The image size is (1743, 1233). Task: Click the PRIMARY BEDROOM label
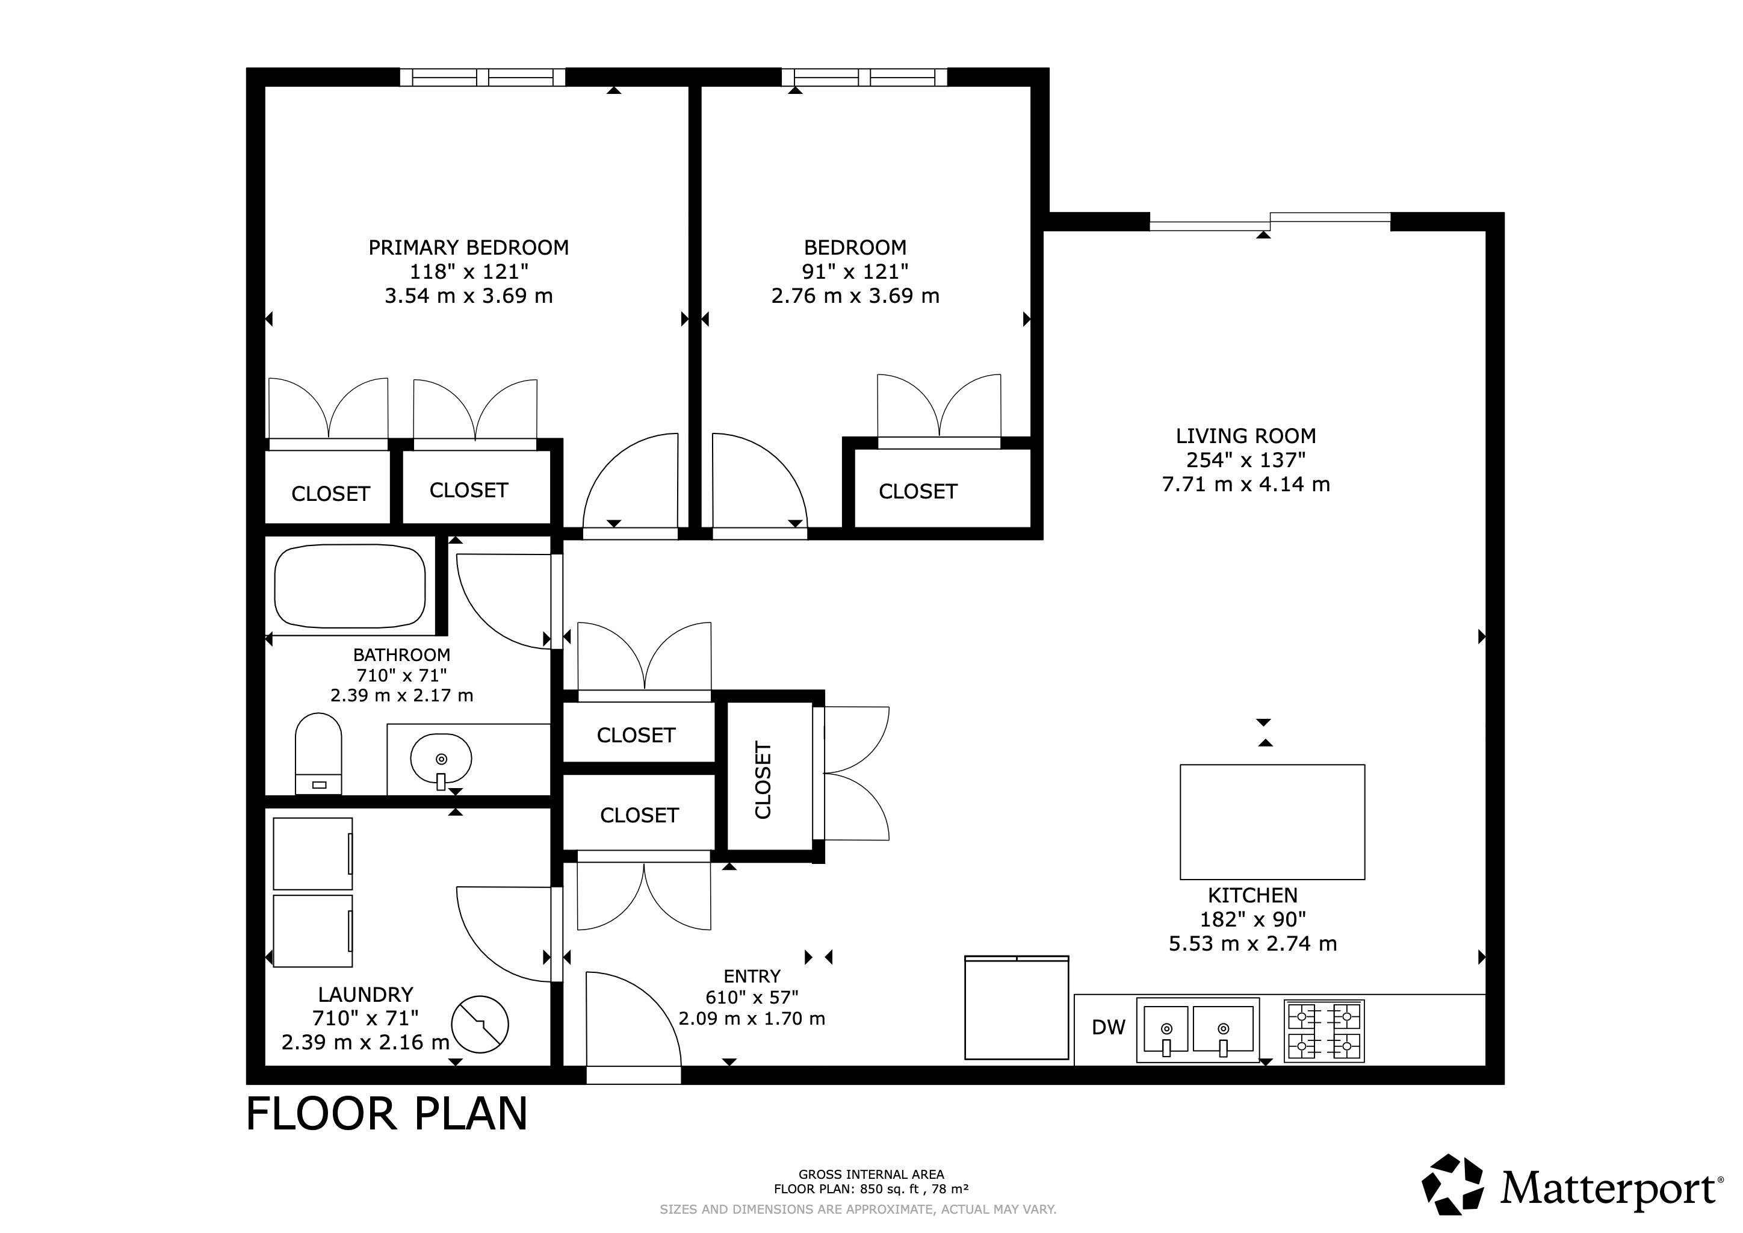pos(468,247)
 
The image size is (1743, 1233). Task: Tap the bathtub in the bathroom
pos(350,586)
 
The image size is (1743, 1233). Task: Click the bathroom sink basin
pos(441,758)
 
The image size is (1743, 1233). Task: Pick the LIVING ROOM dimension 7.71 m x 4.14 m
pos(1245,485)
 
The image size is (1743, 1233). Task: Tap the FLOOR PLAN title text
pos(386,1114)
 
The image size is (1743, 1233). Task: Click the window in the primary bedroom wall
pos(483,76)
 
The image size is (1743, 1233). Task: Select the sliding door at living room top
pos(1269,222)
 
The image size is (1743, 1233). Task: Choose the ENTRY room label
pos(752,977)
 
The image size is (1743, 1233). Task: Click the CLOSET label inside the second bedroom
pos(917,492)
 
